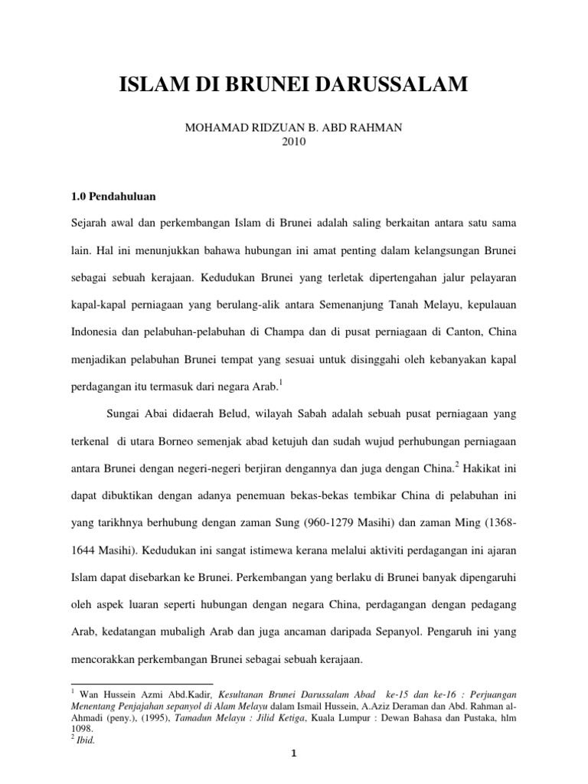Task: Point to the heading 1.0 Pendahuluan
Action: tap(114, 196)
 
